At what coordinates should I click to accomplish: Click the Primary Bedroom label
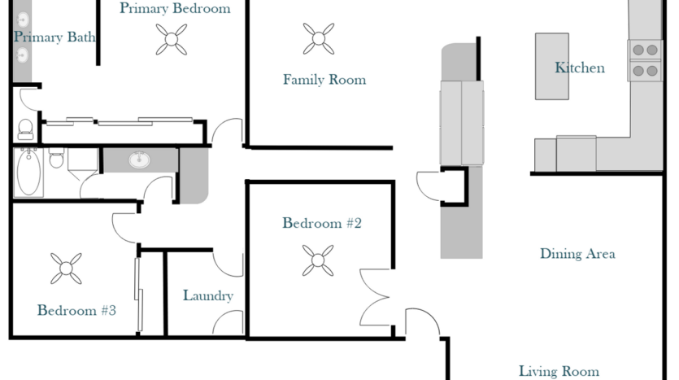coord(175,8)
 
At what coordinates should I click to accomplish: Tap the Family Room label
coord(324,80)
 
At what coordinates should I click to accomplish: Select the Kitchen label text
coord(580,68)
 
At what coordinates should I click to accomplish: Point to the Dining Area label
coord(577,254)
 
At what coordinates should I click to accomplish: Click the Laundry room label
coord(208,296)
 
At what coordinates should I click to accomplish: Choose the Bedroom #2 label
coord(322,223)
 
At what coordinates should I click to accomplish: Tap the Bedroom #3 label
coord(76,310)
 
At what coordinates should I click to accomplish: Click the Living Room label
coord(559,371)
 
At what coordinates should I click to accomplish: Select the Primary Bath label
coord(54,37)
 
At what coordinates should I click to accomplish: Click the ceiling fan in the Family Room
coord(319,38)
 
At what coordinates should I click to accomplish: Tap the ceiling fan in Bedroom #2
coord(318,260)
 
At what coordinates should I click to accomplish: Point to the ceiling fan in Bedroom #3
coord(66,269)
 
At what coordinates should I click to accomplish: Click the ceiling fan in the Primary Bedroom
coord(172,39)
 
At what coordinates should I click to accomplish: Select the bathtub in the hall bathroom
coord(28,173)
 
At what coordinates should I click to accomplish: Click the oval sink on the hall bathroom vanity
coord(139,159)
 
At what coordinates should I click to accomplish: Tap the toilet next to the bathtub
coord(56,158)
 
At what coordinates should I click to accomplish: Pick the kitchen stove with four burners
coord(645,61)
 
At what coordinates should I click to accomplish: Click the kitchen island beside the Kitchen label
coord(551,66)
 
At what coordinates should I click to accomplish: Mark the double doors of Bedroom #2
coord(375,297)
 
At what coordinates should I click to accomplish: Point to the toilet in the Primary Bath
coord(25,129)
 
